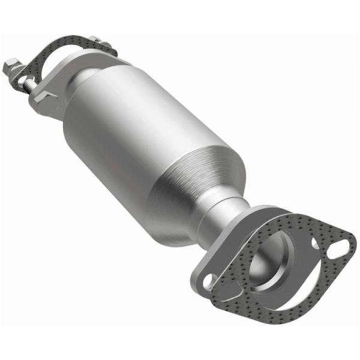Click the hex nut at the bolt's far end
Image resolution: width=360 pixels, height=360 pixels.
(13, 65)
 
